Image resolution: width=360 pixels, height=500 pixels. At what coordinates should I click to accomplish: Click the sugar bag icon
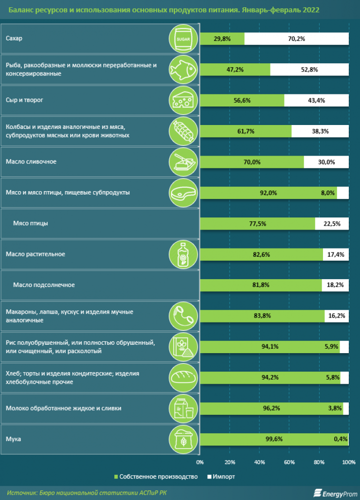(x=183, y=39)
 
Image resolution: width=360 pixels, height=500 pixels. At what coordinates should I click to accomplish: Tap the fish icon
(x=183, y=70)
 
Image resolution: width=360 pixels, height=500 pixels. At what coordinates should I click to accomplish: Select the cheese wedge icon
(x=183, y=100)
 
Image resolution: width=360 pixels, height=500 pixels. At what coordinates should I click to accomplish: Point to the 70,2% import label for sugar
(x=296, y=39)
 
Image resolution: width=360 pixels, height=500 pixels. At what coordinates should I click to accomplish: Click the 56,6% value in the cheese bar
(x=242, y=100)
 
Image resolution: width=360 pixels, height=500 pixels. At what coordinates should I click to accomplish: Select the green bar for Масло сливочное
(x=252, y=162)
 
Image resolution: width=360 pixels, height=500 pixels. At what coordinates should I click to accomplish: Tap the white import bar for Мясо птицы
(x=332, y=224)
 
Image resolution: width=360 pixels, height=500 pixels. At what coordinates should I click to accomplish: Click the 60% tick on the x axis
(x=289, y=462)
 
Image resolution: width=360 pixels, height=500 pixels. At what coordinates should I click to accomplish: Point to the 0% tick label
(x=200, y=462)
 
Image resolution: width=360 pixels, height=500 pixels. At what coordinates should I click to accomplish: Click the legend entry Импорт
(x=222, y=477)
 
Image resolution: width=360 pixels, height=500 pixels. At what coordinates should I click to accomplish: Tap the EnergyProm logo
(x=335, y=492)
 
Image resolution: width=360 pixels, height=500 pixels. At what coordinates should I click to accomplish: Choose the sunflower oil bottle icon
(x=183, y=254)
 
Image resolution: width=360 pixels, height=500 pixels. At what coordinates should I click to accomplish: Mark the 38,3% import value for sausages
(x=320, y=131)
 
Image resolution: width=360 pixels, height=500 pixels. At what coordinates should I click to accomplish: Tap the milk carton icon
(x=183, y=408)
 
